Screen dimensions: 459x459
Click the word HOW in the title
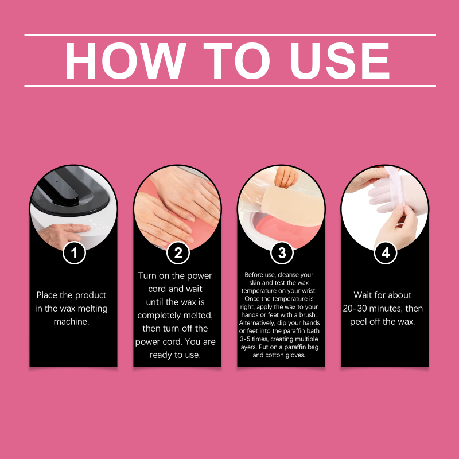pyautogui.click(x=126, y=61)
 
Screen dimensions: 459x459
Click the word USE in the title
pyautogui.click(x=340, y=61)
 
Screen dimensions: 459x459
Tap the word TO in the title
pyautogui.click(x=236, y=61)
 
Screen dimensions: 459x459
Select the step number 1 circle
pyautogui.click(x=74, y=253)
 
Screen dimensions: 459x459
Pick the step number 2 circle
pyautogui.click(x=178, y=253)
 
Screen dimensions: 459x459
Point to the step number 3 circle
pyautogui.click(x=282, y=253)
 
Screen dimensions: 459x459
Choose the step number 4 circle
pyautogui.click(x=386, y=253)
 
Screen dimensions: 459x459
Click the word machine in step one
pyautogui.click(x=71, y=321)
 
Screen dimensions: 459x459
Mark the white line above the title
pyautogui.click(x=230, y=35)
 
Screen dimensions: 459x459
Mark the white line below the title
pyautogui.click(x=230, y=86)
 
